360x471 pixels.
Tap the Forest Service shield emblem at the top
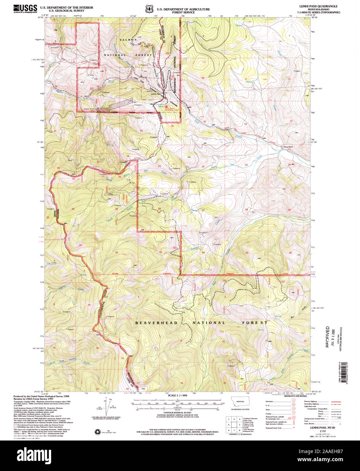pyautogui.click(x=148, y=8)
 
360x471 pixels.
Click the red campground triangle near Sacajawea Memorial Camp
pyautogui.click(x=166, y=106)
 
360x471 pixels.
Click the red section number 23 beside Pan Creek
pyautogui.click(x=246, y=165)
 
